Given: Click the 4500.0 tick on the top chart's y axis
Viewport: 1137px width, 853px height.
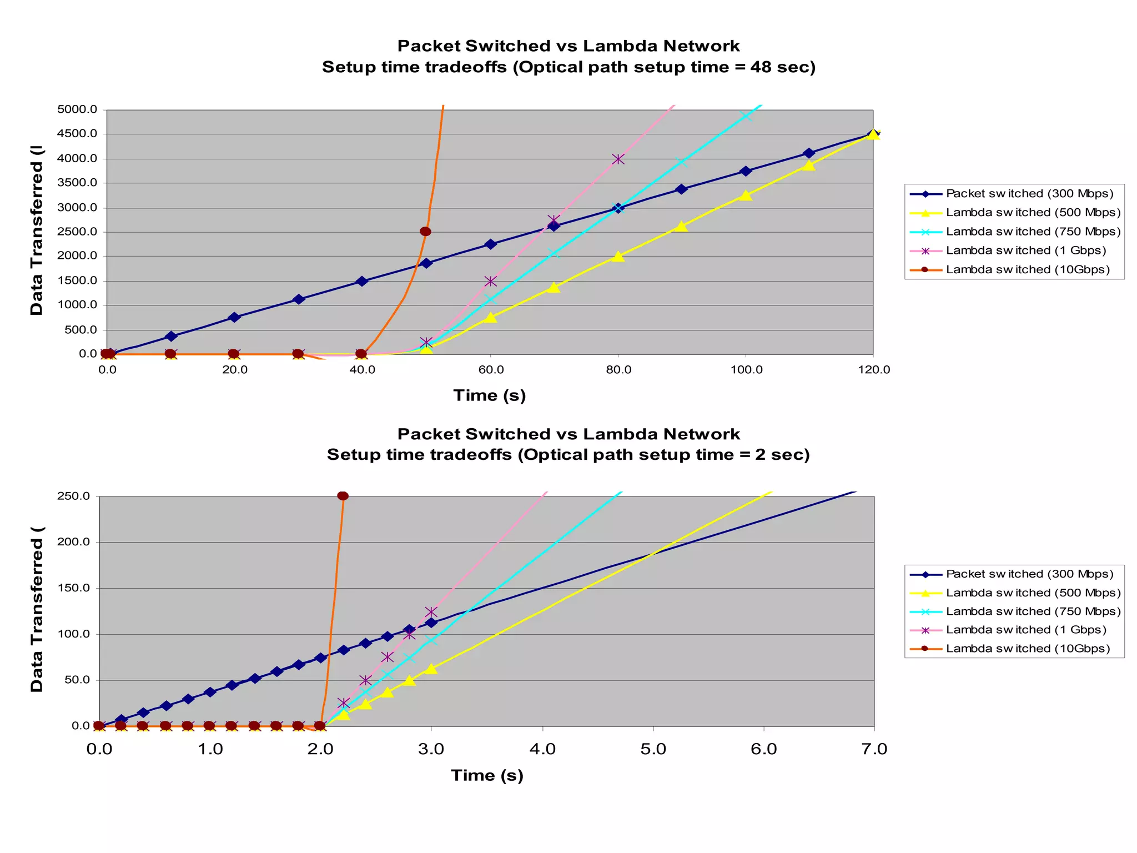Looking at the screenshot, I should pos(77,134).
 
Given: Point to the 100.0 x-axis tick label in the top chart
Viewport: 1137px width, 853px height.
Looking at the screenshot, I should pos(746,370).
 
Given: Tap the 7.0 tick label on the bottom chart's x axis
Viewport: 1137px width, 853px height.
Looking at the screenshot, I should pos(874,749).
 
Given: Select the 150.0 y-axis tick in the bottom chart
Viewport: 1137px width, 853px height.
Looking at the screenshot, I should pos(74,588).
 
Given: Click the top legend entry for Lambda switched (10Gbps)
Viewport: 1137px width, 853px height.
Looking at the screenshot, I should pos(1027,269).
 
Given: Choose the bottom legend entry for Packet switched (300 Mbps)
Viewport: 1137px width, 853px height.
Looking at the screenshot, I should pos(1029,574).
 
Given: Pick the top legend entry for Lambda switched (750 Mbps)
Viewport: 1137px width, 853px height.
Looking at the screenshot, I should pos(1033,232).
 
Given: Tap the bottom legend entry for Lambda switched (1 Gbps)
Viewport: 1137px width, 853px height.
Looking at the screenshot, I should pos(1026,630).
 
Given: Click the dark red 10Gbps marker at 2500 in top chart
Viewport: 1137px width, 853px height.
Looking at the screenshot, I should pos(425,232).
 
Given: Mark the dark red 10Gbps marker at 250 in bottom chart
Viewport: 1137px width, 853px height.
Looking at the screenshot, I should pos(343,496).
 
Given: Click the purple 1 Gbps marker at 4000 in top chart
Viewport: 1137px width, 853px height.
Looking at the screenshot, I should pos(618,159).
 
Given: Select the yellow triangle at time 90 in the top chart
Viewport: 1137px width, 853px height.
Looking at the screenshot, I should pos(682,226).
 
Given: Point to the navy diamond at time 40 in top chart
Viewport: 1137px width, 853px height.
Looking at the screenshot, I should pos(362,281).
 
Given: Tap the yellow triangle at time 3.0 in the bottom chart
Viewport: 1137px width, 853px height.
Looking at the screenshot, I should pos(431,669).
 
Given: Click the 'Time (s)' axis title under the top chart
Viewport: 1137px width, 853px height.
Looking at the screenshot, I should pos(489,395).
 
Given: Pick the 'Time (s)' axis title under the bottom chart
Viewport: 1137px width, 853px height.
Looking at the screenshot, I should pos(487,775).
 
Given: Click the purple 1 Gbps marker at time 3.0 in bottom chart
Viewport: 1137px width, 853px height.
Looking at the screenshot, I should pos(431,613).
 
